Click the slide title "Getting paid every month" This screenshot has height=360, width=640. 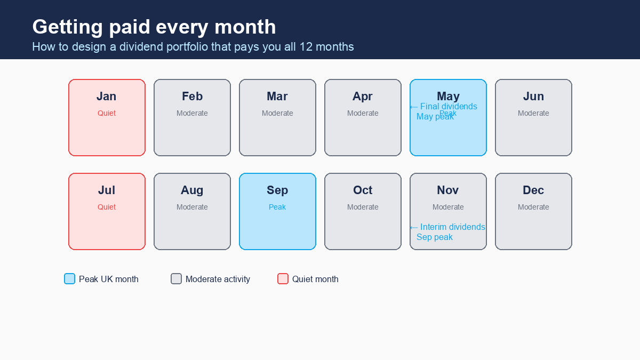point(154,27)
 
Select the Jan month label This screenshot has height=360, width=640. point(107,97)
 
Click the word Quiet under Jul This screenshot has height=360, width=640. point(107,207)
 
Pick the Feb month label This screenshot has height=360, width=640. point(192,97)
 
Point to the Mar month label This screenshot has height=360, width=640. point(277,97)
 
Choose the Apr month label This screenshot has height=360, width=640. point(363,97)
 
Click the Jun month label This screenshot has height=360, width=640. point(533,97)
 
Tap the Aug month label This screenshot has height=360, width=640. point(192,190)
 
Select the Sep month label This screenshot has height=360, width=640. point(277,190)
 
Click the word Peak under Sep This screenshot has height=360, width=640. point(277,207)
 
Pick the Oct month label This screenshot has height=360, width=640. point(363,190)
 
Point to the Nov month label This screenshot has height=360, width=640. point(448,190)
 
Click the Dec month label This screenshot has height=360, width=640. point(533,190)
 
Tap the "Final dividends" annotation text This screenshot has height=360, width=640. point(449,107)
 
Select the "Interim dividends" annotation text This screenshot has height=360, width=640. point(452,227)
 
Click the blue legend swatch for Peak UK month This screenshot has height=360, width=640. point(70,279)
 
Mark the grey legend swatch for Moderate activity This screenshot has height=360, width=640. point(177,279)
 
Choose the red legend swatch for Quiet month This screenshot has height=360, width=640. point(283,279)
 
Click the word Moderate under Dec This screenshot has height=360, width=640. point(533,207)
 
